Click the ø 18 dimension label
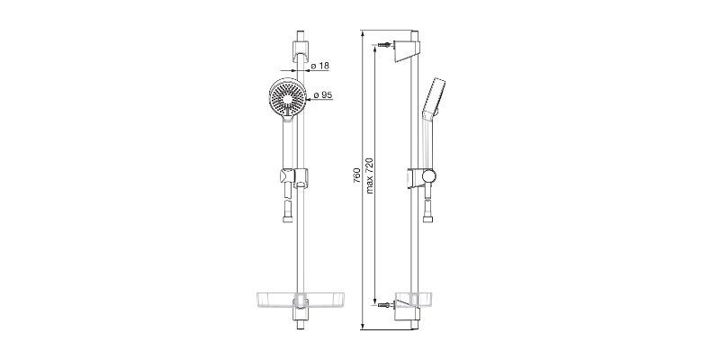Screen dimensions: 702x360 [319, 66]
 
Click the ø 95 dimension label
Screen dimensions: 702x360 [323, 95]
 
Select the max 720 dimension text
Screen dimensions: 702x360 [370, 175]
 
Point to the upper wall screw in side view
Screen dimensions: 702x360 [384, 45]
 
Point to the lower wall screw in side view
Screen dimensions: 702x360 [384, 305]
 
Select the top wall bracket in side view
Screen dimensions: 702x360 [407, 50]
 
